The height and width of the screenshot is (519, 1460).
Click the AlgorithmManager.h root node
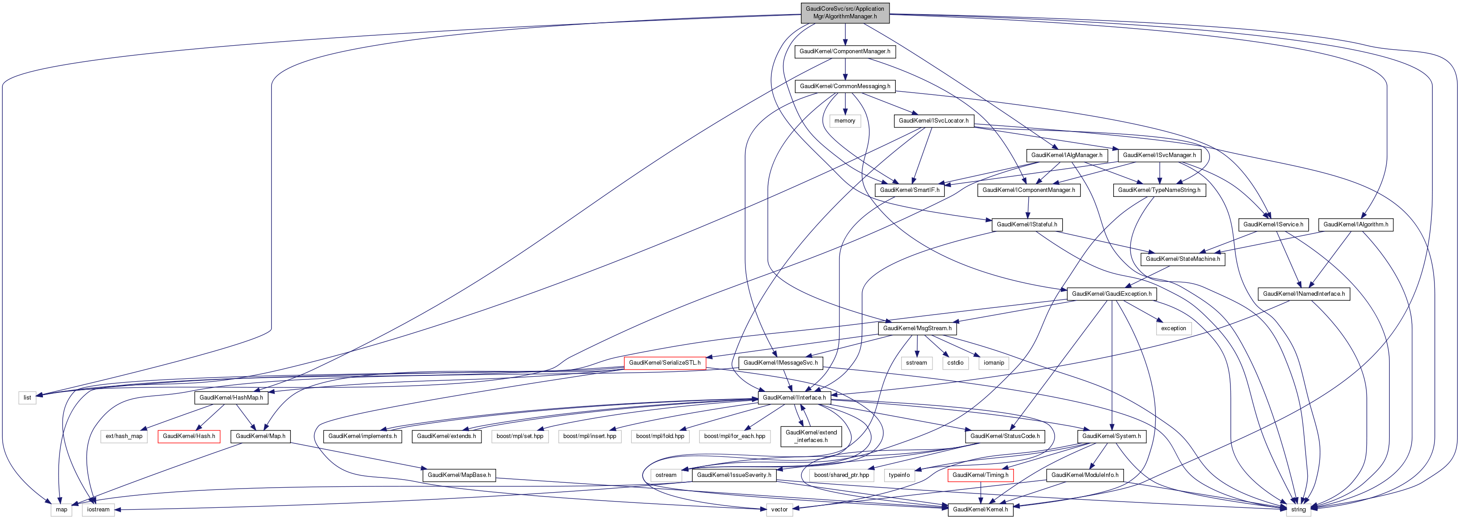(844, 13)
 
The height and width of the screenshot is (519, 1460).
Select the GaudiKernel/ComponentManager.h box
(844, 51)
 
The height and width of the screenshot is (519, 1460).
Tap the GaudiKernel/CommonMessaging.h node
(844, 86)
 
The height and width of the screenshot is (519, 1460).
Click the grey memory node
(844, 121)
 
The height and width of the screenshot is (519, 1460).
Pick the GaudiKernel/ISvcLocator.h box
(933, 121)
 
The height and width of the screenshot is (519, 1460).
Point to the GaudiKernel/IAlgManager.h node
(1067, 155)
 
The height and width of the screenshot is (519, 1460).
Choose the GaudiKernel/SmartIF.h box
(910, 190)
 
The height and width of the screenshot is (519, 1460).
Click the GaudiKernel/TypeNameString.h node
(1159, 190)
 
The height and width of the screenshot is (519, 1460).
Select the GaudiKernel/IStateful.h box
(1026, 224)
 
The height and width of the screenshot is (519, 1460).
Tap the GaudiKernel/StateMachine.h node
(1183, 259)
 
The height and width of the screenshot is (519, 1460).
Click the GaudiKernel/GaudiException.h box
(1111, 294)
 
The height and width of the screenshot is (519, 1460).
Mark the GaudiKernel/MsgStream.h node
(917, 328)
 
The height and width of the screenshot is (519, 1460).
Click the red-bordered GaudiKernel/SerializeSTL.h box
(664, 362)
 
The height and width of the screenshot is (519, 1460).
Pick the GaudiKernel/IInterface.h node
(794, 398)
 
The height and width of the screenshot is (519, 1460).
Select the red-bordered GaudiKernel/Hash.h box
(189, 436)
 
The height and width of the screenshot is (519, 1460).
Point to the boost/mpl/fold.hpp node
(660, 436)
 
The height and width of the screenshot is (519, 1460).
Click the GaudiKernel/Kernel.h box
(980, 509)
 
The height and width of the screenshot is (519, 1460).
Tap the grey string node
(1298, 509)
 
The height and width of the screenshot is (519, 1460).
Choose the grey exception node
(1173, 328)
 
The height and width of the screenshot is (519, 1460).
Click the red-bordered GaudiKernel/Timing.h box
(980, 475)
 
